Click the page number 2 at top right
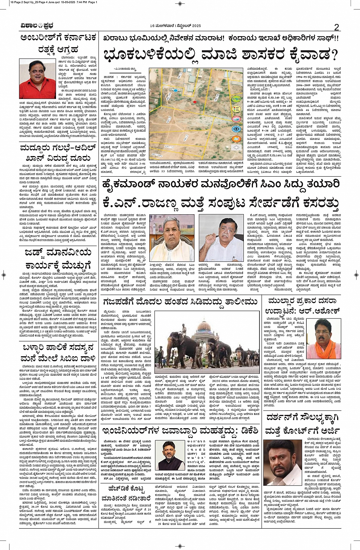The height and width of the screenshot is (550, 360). click(x=336, y=27)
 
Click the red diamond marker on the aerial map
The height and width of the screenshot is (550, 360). click(x=194, y=102)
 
